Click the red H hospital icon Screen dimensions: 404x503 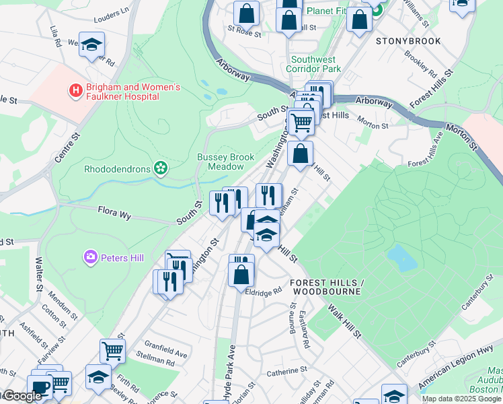76,90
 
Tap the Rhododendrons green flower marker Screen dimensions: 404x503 160,167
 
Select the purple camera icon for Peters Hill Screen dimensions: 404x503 90,257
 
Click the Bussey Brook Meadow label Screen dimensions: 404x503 225,162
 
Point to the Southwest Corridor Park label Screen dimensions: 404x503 313,64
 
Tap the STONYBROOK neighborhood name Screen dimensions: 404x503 408,41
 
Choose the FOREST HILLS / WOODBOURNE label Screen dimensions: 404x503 326,287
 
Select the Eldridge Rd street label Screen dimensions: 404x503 264,292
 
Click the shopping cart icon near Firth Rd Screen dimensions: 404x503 112,350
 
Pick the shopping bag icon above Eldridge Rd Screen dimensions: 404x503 241,275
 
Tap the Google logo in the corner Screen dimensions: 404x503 22,396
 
